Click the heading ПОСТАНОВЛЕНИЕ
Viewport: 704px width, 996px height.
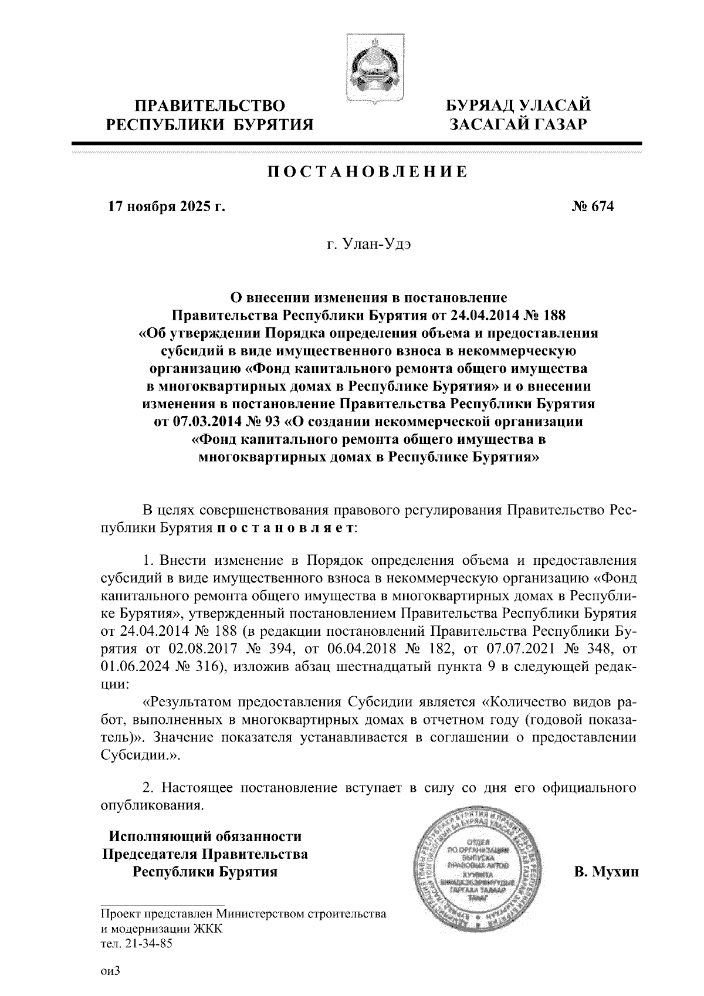point(368,172)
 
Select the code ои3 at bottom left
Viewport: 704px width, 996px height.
point(110,971)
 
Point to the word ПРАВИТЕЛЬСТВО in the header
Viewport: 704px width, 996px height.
point(210,106)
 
